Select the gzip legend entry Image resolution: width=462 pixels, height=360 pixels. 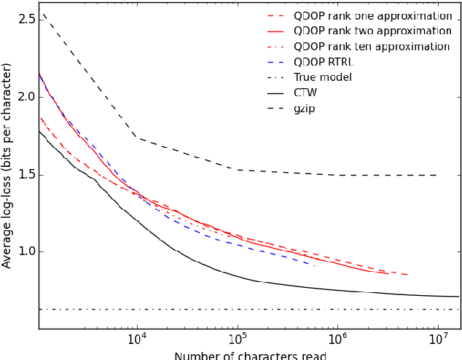305,108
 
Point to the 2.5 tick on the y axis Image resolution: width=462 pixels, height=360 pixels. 26,20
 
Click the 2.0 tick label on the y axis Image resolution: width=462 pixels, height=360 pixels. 26,97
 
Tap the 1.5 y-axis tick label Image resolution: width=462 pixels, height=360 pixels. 26,174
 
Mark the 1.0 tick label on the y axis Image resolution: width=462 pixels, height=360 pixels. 26,251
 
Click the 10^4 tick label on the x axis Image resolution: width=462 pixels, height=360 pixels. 137,340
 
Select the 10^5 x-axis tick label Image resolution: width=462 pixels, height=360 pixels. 237,340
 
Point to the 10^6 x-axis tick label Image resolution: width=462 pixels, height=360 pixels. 337,340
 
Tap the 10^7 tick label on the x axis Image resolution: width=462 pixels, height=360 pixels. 436,340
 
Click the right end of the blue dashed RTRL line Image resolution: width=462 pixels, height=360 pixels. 315,265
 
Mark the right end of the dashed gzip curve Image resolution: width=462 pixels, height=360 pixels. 436,175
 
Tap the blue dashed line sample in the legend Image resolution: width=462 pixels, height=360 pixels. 276,62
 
